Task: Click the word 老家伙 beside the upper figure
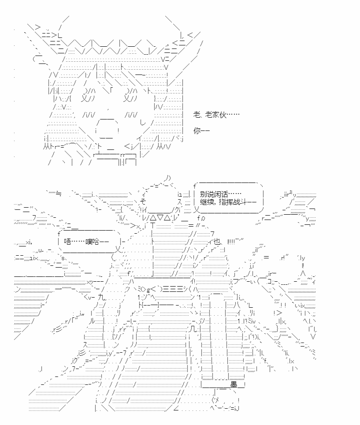coord(215,115)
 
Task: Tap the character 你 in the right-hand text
coord(197,130)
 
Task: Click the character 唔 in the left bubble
coord(67,241)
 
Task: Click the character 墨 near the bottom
coord(234,384)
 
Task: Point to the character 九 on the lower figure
coord(101,297)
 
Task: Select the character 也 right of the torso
coord(217,242)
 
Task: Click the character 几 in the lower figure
coord(193,329)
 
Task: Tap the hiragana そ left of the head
coord(143,201)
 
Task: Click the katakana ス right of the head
coord(180,202)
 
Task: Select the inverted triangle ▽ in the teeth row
coord(160,209)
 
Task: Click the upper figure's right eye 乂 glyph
coord(127,98)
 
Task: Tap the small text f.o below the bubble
coord(201,218)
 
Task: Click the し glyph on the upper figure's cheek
coord(143,123)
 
